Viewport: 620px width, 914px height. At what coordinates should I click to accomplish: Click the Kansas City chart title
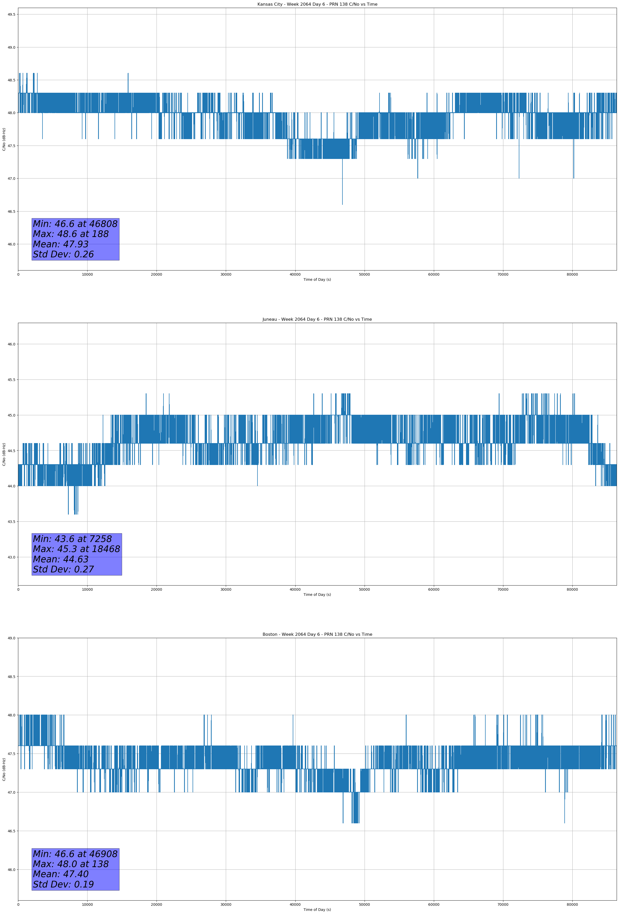pos(317,4)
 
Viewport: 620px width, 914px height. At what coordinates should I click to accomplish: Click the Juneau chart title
pos(317,319)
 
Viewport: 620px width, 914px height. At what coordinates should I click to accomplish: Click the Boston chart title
pos(317,634)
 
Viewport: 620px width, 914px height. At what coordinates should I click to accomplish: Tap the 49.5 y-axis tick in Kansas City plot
pos(11,14)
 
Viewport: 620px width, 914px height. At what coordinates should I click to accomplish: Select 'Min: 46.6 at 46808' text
pos(75,224)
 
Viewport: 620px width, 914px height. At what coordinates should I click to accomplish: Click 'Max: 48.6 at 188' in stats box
pos(71,234)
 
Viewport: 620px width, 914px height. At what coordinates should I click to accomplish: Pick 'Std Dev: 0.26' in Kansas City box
pos(63,255)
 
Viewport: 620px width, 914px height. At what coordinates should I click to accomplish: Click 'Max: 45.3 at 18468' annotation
pos(76,549)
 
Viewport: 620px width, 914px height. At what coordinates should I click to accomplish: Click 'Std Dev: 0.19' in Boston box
pos(63,884)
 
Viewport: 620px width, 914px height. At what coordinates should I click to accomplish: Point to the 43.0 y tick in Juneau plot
pos(11,557)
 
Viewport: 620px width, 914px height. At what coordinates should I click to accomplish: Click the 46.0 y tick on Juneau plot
pos(11,344)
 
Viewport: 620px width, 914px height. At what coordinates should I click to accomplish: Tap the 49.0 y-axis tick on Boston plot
pos(11,638)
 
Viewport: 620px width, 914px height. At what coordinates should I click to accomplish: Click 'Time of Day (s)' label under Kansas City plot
pos(317,280)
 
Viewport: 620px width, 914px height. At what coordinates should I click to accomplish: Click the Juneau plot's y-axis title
pos(4,454)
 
